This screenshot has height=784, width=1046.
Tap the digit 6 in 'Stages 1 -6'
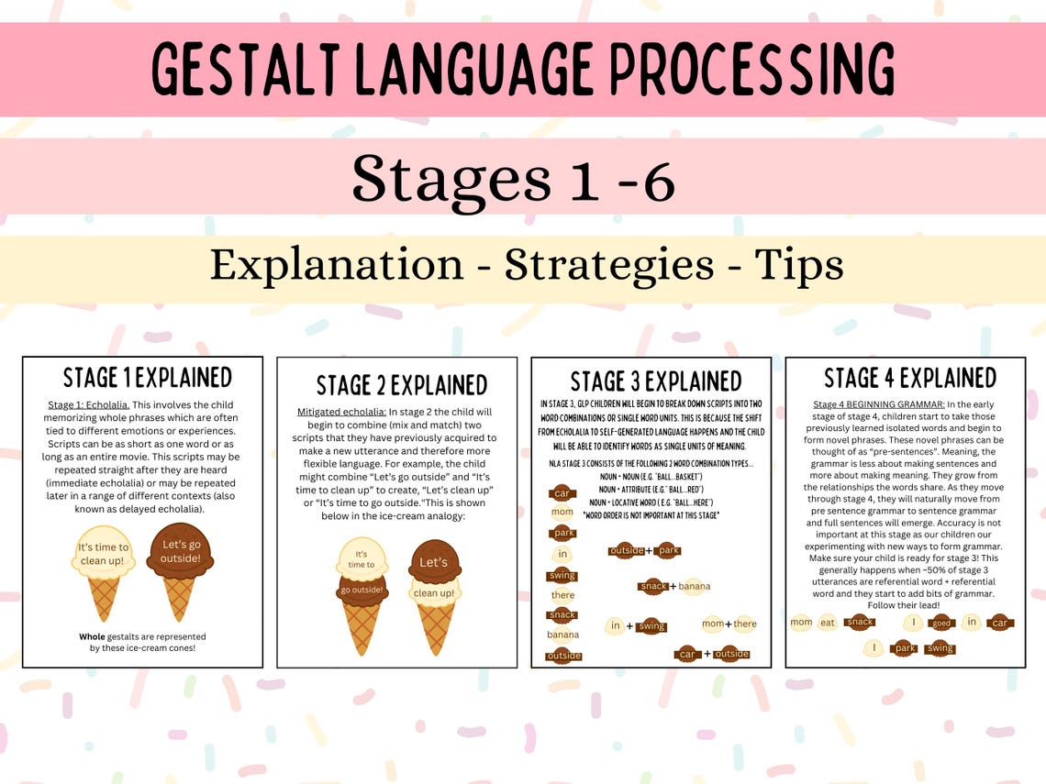pos(658,178)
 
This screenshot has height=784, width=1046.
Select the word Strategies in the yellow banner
pos(609,265)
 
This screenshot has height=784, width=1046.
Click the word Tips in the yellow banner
pos(798,265)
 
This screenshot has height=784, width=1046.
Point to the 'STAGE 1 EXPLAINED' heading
pos(147,378)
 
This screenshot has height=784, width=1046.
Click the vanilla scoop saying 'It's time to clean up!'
pos(104,554)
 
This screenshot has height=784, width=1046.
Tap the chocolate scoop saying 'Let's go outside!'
pos(180,551)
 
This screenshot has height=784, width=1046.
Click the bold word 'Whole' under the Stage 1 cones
pos(92,636)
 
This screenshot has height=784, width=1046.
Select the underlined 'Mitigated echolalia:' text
pos(339,412)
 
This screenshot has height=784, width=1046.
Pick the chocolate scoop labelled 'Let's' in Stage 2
pos(433,562)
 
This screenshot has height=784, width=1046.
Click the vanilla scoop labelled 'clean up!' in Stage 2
pos(433,592)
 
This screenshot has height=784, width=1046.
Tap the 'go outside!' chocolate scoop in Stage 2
pos(362,590)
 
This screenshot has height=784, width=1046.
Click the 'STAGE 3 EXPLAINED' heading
pos(655,381)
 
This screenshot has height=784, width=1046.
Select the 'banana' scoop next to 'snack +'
pos(695,587)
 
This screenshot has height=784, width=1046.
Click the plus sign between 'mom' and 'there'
pos(728,624)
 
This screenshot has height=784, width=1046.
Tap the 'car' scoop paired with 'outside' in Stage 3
pos(687,654)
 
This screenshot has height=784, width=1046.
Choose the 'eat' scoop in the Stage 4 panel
pos(829,623)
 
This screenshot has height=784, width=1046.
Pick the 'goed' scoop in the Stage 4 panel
pos(941,623)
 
